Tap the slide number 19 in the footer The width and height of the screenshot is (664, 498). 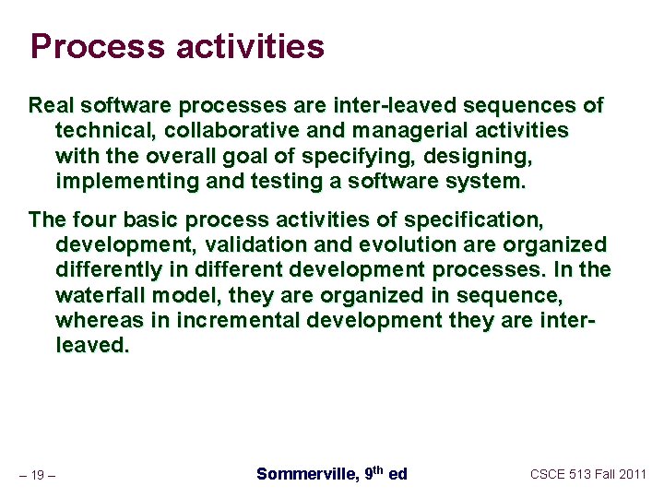tap(38, 476)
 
